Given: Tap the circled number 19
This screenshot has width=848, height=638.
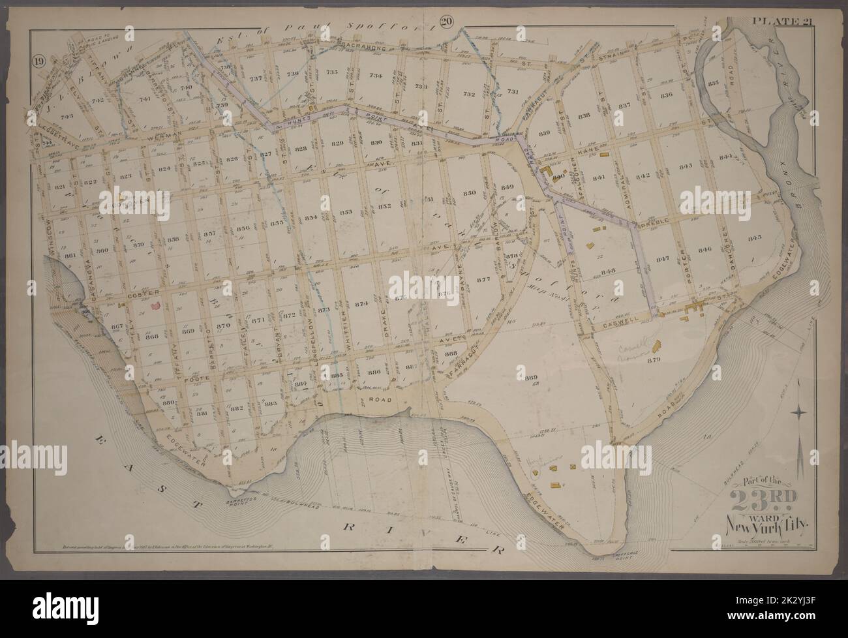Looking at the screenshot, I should pyautogui.click(x=38, y=63).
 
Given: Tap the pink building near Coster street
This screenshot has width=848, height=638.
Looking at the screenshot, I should pyautogui.click(x=156, y=305).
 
